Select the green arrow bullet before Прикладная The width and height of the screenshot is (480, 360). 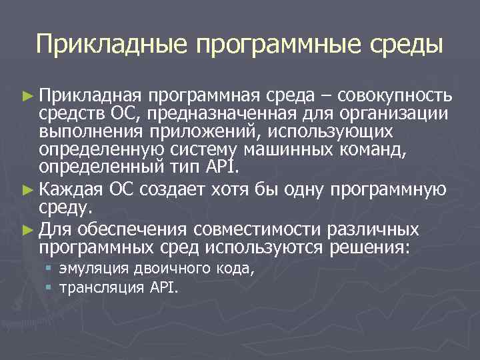coord(27,96)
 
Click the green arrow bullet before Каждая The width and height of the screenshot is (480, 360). coord(27,190)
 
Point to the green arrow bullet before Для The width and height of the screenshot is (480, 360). coord(27,230)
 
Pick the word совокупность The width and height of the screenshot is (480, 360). coord(395,96)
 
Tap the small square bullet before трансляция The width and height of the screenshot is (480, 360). coord(49,288)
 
